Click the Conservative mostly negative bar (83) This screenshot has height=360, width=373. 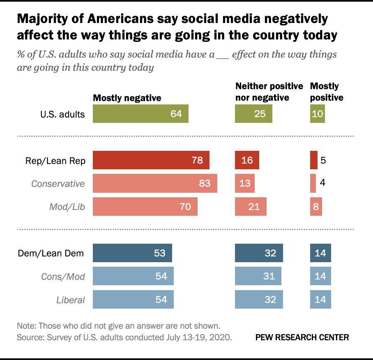click(155, 183)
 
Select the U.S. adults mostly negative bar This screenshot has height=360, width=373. click(140, 114)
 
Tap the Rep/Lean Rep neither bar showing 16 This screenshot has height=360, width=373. click(247, 160)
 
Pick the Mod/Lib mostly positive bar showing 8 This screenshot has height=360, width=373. click(316, 206)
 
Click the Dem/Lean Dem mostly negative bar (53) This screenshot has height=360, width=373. click(132, 253)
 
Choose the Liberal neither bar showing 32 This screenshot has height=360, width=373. click(259, 299)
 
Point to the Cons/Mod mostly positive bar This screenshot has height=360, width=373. click(320, 276)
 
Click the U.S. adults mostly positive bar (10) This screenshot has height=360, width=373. click(317, 114)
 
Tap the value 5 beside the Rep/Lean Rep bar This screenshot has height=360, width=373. click(323, 160)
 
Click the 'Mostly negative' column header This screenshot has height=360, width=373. click(127, 98)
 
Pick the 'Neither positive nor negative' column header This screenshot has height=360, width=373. click(269, 92)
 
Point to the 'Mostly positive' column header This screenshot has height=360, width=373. click(326, 92)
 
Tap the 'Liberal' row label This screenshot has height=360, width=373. click(71, 300)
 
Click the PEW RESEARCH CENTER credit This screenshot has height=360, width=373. click(302, 337)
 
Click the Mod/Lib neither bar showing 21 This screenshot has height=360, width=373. click(251, 206)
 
